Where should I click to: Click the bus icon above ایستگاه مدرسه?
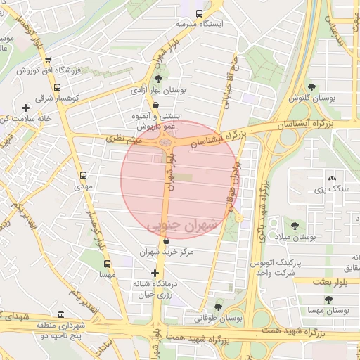tap(199, 13)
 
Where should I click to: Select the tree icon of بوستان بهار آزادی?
tap(158, 79)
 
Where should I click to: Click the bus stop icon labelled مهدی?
tap(84, 176)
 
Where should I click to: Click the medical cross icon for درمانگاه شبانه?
tap(155, 272)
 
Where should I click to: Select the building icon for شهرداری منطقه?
tap(61, 314)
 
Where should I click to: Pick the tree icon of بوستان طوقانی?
tap(218, 307)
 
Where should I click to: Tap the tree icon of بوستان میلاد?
tap(294, 226)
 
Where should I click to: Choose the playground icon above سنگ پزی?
tap(331, 179)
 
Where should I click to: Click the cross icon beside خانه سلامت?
tap(26, 108)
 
